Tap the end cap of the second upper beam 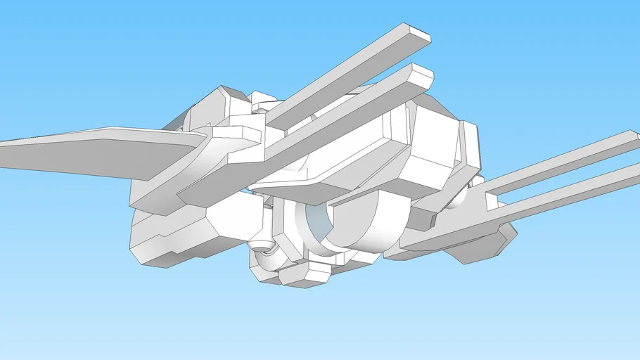coord(423,75)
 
